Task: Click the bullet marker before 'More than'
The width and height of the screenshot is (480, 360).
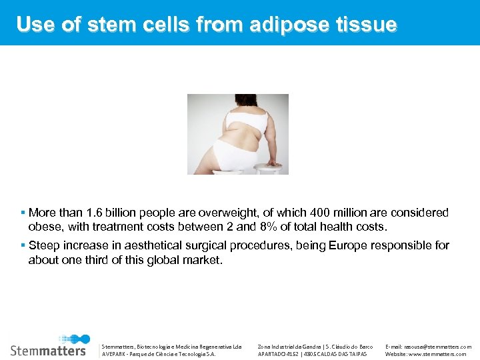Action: click(23, 213)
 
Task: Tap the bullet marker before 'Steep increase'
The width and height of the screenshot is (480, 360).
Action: click(23, 245)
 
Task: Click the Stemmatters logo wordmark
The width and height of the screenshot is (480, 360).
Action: click(48, 350)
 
